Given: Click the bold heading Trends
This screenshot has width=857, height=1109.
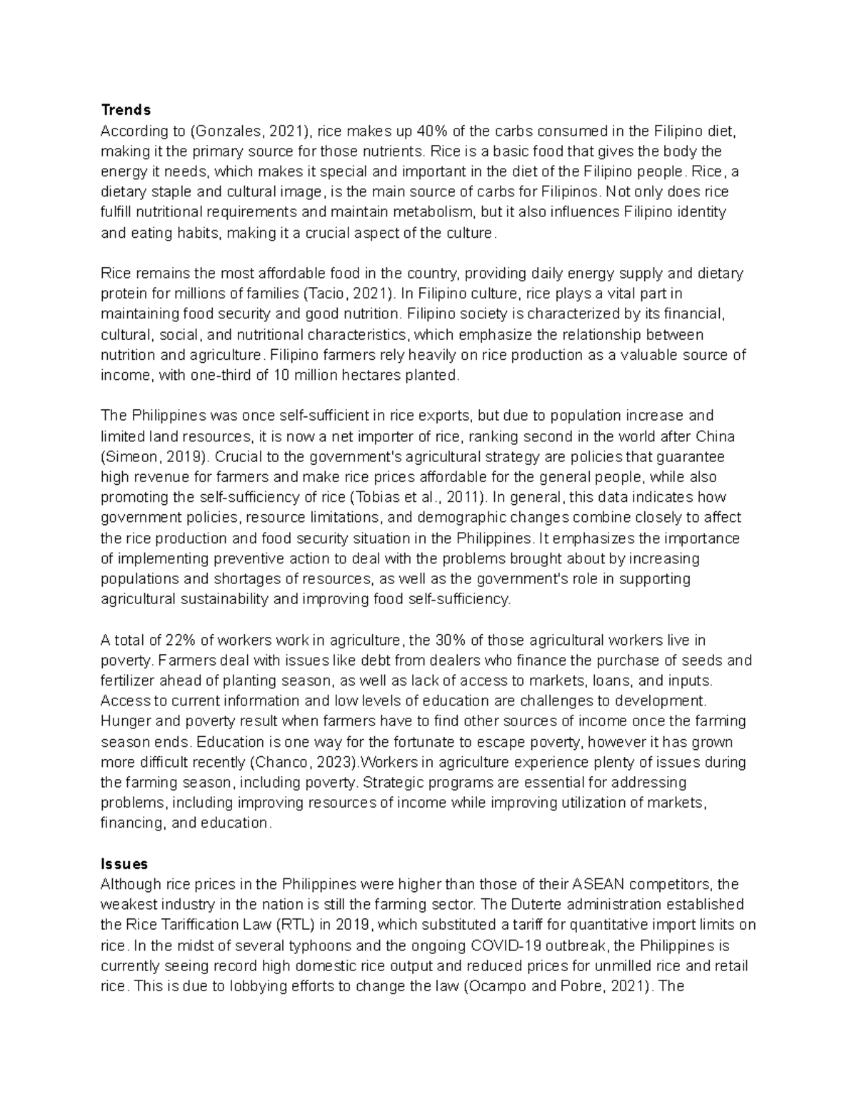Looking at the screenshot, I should point(126,110).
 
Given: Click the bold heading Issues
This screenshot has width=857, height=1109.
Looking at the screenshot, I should point(124,864).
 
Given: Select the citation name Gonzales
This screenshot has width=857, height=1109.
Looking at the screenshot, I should point(228,131).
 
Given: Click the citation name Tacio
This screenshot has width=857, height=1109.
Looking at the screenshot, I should point(327,293).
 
